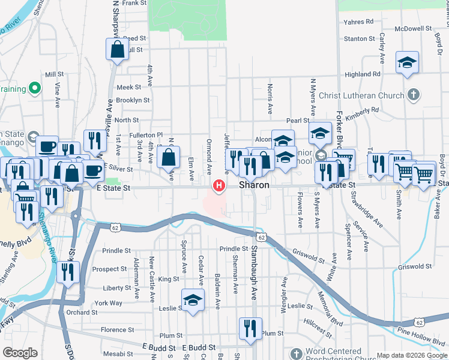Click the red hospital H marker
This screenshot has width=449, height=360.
click(219, 185)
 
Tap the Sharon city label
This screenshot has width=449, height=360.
click(255, 186)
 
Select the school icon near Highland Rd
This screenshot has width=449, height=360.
click(407, 63)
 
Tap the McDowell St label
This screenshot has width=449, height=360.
click(414, 28)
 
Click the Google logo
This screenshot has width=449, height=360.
click(20, 353)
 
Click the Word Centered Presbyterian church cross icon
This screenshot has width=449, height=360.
click(295, 353)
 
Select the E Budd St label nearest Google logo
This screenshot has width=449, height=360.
click(159, 347)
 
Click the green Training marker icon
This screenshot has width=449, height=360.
click(35, 89)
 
